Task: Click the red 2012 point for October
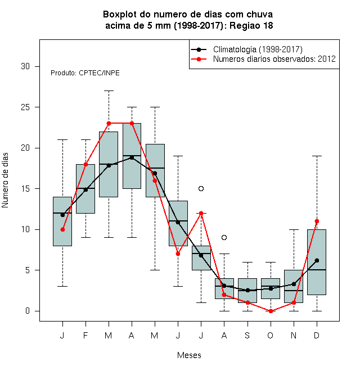coord(271,311)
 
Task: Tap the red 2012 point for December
coord(317,221)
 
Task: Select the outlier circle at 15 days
coord(201,188)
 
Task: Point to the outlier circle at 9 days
coord(224,237)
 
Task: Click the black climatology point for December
coord(317,260)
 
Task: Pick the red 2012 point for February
coord(85,164)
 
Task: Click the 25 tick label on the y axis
coord(25,107)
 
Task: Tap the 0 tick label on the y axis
coord(28,311)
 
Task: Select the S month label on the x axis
coord(247,335)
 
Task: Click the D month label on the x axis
coord(317,335)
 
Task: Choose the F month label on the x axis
coord(85,335)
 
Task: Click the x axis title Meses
coord(189,355)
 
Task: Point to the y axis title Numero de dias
coord(5,180)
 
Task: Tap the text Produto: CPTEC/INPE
coord(85,73)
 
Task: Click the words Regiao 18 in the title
coord(251,25)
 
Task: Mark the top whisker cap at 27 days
coord(109,91)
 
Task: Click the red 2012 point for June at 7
coord(178,254)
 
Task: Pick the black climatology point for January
coord(62,215)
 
